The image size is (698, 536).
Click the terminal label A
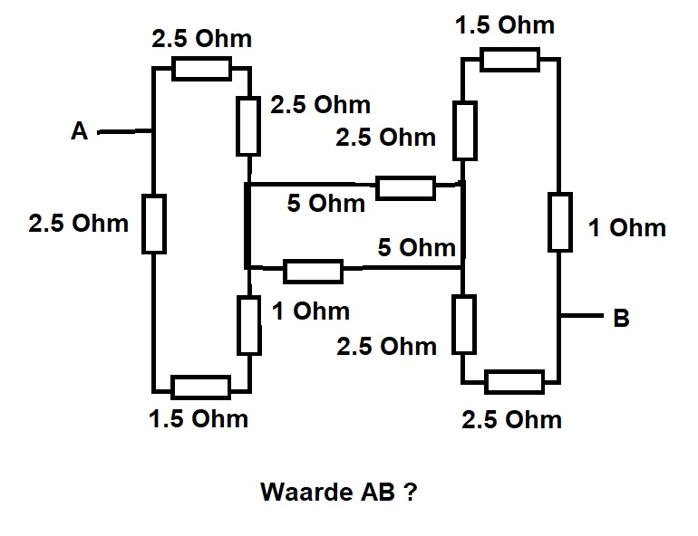click(x=79, y=131)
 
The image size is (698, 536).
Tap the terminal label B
click(x=621, y=318)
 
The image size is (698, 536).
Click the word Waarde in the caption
click(x=305, y=492)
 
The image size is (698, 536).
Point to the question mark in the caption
click(x=411, y=492)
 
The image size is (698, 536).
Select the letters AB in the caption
click(x=378, y=492)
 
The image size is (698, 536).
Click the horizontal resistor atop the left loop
click(x=201, y=69)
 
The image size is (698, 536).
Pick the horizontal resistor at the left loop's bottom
click(x=200, y=388)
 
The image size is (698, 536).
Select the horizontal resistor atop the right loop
click(x=510, y=60)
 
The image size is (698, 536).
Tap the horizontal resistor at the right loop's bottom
click(x=515, y=382)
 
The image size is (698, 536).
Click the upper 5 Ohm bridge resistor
click(x=405, y=188)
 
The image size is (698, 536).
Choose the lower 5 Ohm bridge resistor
click(x=314, y=272)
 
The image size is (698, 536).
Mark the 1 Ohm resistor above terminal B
click(x=560, y=222)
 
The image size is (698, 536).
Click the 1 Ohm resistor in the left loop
click(x=249, y=325)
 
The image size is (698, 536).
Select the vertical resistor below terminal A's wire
click(x=154, y=224)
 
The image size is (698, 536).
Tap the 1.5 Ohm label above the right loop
click(x=505, y=24)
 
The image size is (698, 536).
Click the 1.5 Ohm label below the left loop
click(x=199, y=419)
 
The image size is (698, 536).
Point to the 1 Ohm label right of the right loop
click(x=626, y=228)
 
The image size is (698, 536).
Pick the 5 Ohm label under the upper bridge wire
click(x=325, y=203)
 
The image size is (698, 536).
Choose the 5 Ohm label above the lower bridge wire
click(x=417, y=247)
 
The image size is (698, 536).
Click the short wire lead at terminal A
click(x=125, y=131)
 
